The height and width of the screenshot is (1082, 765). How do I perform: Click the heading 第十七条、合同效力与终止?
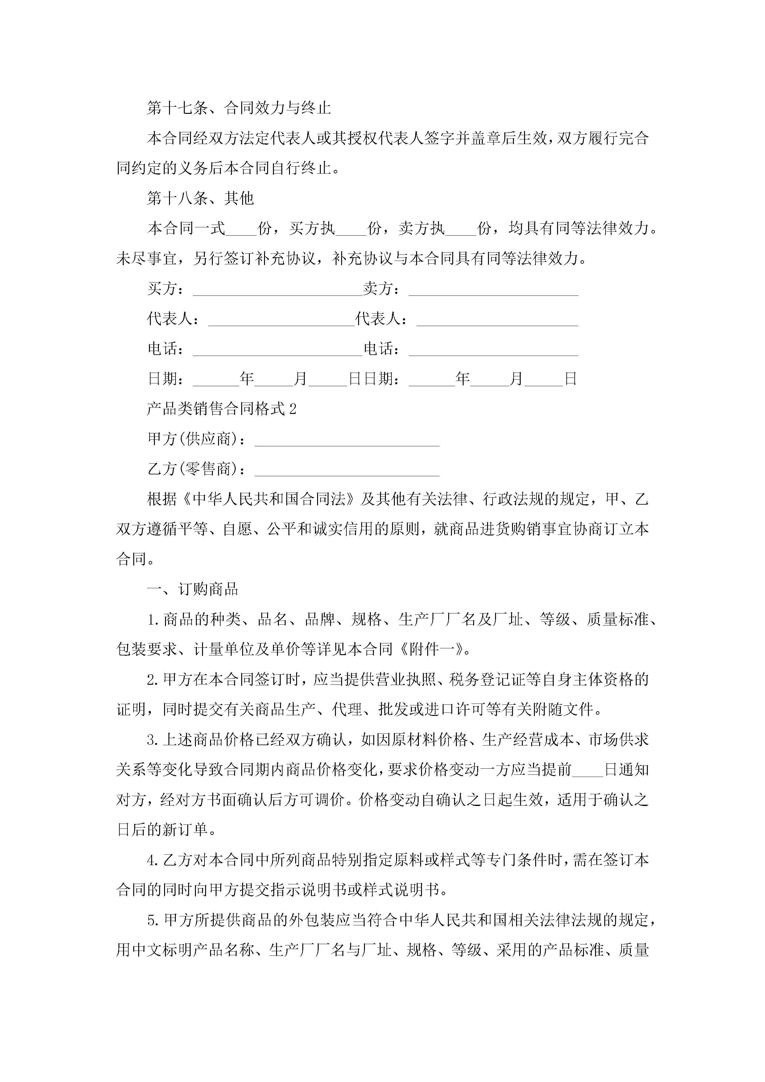click(239, 108)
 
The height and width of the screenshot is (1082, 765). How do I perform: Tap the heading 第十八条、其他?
click(200, 198)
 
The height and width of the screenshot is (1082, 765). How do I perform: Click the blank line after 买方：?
click(277, 289)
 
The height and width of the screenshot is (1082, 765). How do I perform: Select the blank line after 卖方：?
click(493, 289)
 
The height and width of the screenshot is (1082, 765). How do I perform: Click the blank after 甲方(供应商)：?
click(347, 440)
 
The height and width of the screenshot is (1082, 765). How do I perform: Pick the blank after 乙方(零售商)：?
click(347, 470)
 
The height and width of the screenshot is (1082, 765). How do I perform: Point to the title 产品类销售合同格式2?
click(221, 409)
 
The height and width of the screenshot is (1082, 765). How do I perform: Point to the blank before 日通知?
click(587, 770)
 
